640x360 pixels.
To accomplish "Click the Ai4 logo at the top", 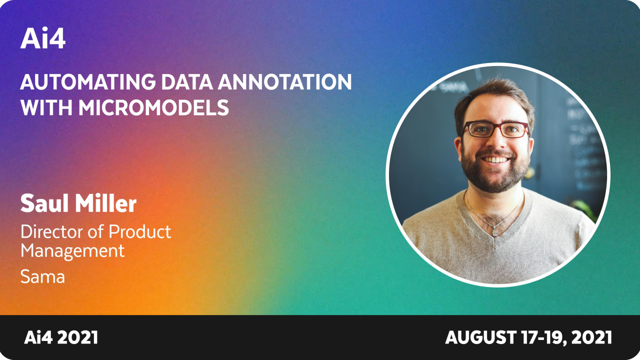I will pos(42,39).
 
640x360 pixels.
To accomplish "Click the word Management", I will pos(72,251).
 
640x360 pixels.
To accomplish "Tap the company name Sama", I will pos(42,276).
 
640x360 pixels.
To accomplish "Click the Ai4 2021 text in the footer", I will pos(61,338).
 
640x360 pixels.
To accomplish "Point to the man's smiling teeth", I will pos(496,159).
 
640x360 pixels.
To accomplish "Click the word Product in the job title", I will pos(139,231).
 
